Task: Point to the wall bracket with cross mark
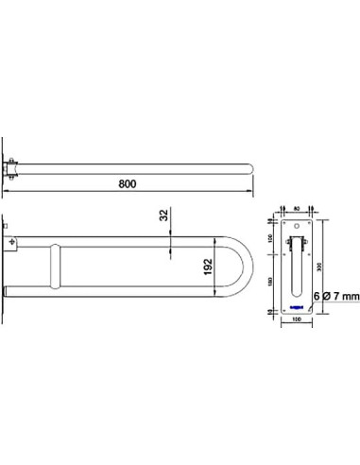(12, 243)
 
